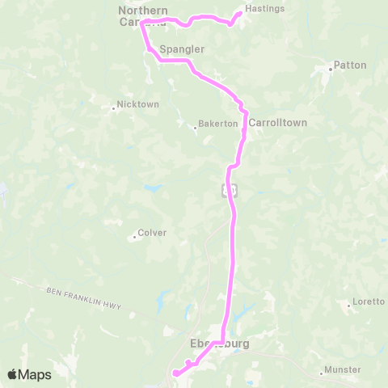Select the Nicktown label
click(137, 104)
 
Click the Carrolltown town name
click(277, 123)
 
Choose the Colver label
click(152, 233)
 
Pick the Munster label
click(342, 370)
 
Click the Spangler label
click(182, 50)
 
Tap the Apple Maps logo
click(29, 374)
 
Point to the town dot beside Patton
click(330, 70)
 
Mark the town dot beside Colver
click(134, 237)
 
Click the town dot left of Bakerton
click(196, 127)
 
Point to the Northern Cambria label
click(141, 16)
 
